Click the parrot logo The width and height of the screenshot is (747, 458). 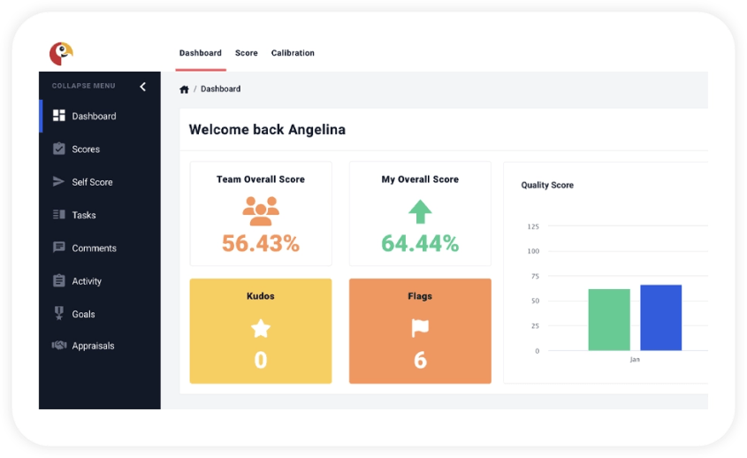click(x=60, y=54)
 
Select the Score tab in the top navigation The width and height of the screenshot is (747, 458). click(x=247, y=53)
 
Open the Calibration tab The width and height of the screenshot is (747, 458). click(x=293, y=53)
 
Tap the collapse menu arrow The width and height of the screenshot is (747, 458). click(x=143, y=86)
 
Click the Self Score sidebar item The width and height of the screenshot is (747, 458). click(x=92, y=182)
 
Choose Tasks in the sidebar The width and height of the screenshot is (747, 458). click(x=84, y=215)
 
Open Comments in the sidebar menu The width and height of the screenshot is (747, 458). click(x=94, y=248)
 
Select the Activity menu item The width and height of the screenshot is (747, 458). click(x=87, y=281)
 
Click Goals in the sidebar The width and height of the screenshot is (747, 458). click(x=84, y=314)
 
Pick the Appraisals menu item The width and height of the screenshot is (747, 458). click(x=93, y=346)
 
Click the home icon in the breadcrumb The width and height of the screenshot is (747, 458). click(x=184, y=89)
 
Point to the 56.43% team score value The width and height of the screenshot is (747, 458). click(x=261, y=243)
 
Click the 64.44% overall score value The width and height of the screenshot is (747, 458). click(x=420, y=243)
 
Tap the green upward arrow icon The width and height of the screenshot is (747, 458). click(x=420, y=210)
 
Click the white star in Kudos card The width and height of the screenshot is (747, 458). click(x=261, y=329)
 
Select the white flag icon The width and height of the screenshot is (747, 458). click(x=420, y=329)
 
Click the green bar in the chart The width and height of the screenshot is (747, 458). click(x=609, y=319)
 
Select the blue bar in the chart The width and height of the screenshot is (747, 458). click(x=660, y=317)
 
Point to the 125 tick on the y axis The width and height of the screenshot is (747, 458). click(x=533, y=226)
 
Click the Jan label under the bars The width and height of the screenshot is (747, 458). click(x=635, y=360)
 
